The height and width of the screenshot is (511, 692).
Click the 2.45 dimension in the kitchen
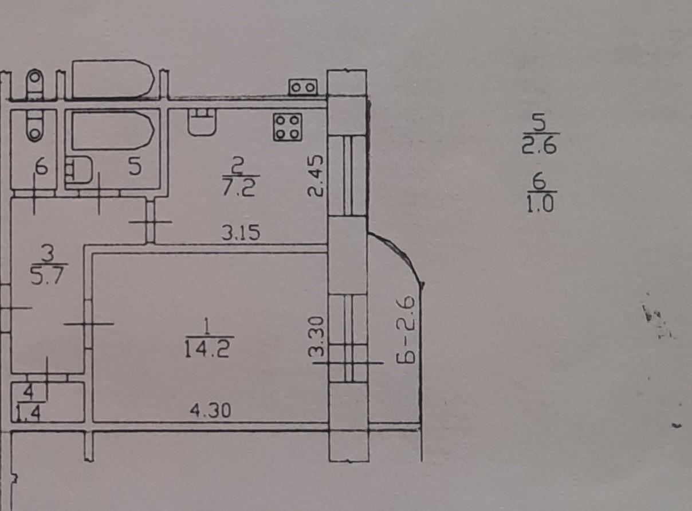click(316, 175)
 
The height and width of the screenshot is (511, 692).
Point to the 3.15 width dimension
click(241, 233)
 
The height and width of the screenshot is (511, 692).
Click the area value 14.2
click(208, 349)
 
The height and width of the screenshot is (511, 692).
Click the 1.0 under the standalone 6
click(540, 204)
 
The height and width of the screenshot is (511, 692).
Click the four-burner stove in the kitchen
click(288, 127)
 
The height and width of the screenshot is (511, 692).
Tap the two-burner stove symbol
click(302, 87)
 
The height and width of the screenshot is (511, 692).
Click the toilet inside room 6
click(35, 126)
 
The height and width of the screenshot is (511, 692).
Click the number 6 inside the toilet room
click(40, 169)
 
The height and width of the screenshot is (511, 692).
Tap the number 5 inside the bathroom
click(134, 167)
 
